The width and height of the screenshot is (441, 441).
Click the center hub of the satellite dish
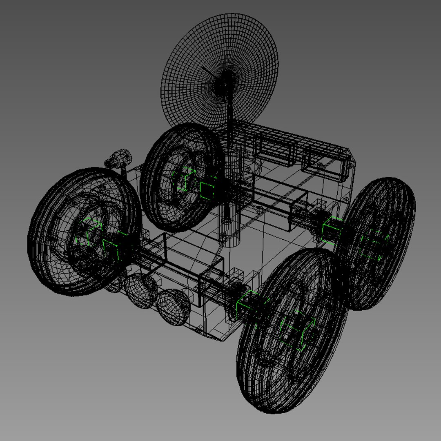click(224, 83)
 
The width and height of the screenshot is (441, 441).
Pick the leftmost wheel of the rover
click(82, 231)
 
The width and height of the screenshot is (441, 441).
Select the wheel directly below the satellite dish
click(183, 178)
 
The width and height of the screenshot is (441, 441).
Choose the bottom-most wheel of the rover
click(292, 331)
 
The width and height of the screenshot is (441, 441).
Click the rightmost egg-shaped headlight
click(174, 307)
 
